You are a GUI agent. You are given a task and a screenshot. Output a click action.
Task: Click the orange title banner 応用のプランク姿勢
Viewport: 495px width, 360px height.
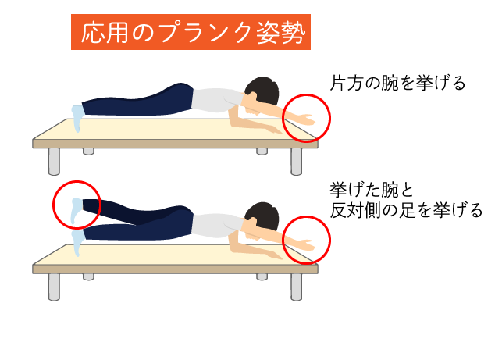(191, 32)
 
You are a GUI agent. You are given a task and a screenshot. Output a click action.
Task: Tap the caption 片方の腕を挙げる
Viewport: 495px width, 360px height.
(397, 83)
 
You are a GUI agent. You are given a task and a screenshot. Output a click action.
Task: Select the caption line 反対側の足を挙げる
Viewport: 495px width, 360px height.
(406, 210)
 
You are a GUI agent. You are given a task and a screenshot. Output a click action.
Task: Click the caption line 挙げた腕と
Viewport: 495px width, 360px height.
(372, 190)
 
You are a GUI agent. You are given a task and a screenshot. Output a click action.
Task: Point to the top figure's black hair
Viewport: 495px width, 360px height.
(263, 89)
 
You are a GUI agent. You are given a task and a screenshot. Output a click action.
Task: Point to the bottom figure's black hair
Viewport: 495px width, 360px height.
(263, 216)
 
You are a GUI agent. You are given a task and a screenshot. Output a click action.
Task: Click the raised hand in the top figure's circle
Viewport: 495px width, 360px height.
(306, 119)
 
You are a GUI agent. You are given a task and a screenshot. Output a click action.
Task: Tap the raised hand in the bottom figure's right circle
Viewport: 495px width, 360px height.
(306, 245)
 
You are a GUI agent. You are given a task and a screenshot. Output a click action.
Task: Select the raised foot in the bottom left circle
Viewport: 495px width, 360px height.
(77, 210)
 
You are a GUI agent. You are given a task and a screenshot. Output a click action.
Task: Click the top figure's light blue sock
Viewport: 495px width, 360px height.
(77, 118)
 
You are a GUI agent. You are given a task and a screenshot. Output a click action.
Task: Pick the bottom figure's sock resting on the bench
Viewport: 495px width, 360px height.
(77, 243)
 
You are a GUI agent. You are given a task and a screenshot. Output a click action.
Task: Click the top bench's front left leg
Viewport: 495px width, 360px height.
(54, 162)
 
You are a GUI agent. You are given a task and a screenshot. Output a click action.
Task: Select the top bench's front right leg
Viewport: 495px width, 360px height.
(296, 162)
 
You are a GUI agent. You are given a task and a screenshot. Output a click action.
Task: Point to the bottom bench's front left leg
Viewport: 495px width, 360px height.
(54, 287)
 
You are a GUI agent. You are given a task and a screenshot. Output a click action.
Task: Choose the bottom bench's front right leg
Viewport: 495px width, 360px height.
(296, 287)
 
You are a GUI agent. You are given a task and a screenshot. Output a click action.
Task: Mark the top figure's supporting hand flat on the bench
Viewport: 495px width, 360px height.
(272, 130)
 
